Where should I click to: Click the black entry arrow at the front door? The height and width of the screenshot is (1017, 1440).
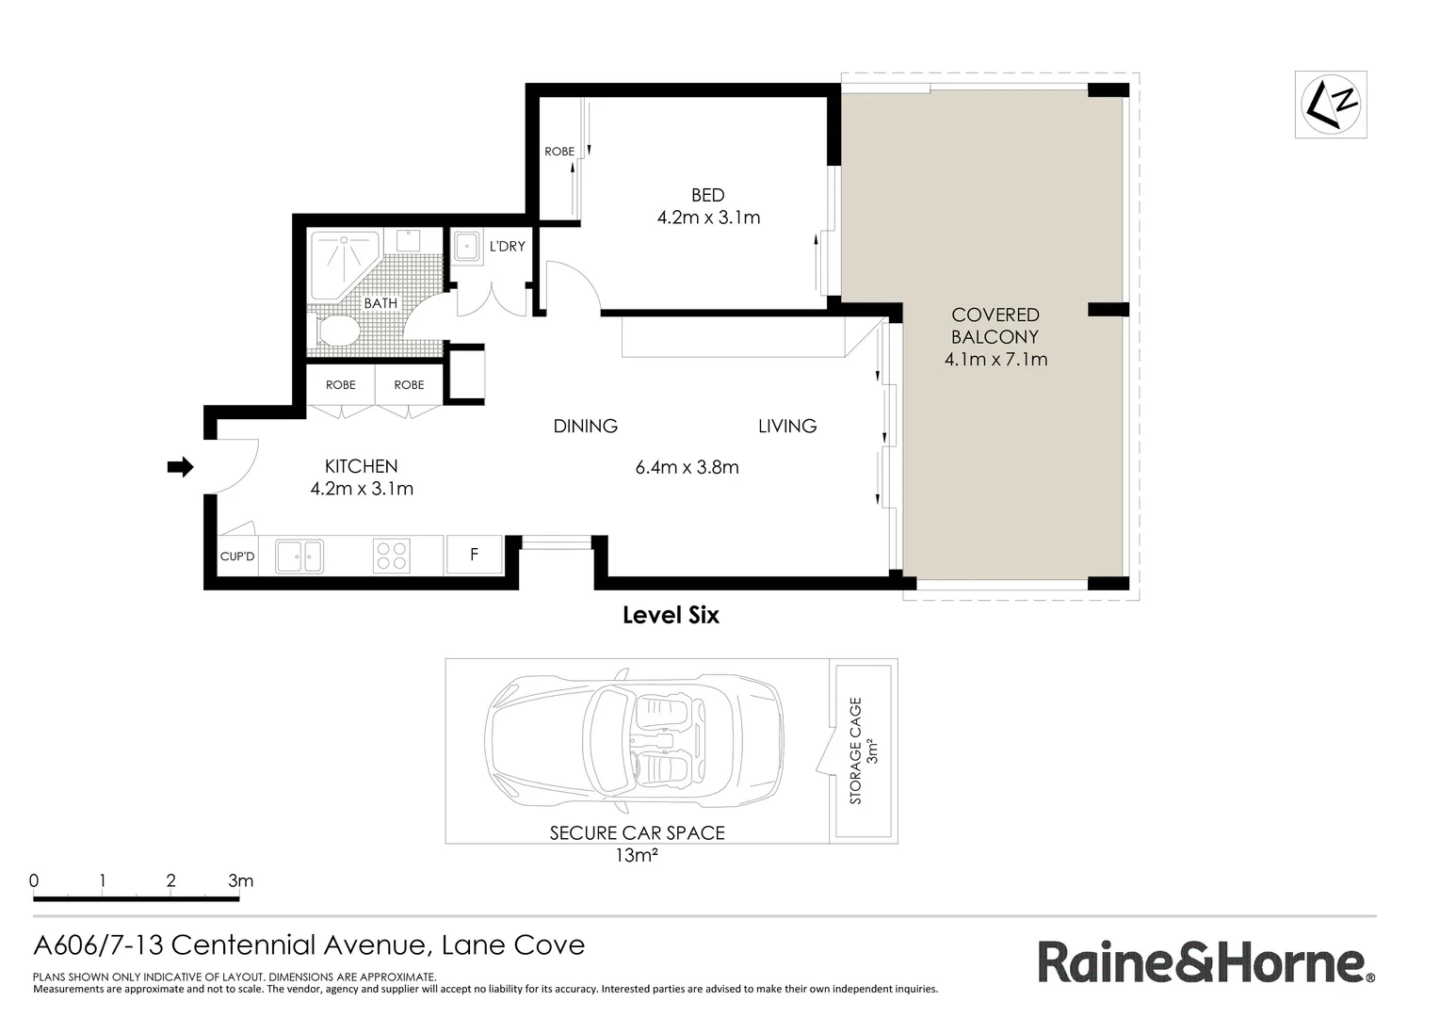pos(180,466)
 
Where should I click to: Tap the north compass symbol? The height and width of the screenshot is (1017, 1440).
pos(1330,105)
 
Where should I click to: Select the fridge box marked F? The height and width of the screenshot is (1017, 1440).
pos(474,555)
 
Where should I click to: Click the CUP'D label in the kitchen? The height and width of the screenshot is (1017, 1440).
pos(237,557)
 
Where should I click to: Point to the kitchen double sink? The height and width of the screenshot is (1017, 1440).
pos(299,557)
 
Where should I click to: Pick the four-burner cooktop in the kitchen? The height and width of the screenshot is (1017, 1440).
pos(392,556)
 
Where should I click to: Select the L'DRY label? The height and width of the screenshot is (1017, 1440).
pos(507,247)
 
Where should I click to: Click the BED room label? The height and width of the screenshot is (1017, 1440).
pos(707,195)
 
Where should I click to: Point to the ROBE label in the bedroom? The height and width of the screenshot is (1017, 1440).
pos(558,152)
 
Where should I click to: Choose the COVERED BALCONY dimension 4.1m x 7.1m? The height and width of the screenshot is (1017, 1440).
pos(995,359)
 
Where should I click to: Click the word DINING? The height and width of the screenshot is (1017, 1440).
pos(585,427)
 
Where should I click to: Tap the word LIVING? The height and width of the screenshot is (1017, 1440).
pos(786,427)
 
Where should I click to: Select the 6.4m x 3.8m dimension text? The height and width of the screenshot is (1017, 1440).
pos(687,467)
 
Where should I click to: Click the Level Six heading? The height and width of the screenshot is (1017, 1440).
pos(671,616)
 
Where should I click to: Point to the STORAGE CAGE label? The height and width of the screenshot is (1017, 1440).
pos(855,751)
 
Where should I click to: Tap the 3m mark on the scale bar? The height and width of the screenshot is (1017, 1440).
pos(240,881)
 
